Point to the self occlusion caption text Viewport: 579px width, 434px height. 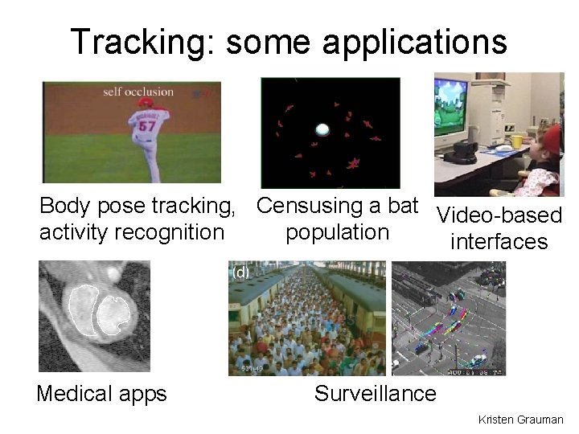[138, 92]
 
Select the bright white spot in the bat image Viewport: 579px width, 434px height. [322, 129]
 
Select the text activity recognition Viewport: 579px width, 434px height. [132, 233]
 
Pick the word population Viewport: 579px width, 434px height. [337, 232]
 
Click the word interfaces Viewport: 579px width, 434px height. [499, 242]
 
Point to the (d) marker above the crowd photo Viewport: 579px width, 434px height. [240, 272]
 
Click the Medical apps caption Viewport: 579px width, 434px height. [101, 394]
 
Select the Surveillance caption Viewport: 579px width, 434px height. [375, 393]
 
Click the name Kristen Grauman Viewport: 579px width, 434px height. [520, 420]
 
